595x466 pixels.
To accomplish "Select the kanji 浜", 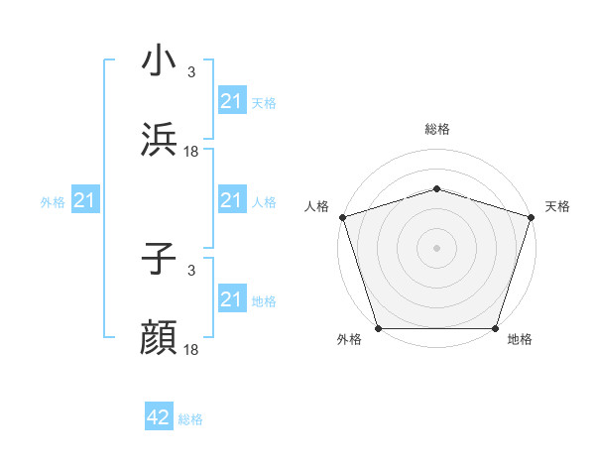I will [x=161, y=139].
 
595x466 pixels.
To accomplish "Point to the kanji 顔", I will [x=161, y=337].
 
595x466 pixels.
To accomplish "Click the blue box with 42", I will [x=159, y=417].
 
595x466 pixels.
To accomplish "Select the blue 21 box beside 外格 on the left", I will [x=85, y=201].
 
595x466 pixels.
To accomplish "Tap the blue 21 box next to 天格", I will [x=231, y=101].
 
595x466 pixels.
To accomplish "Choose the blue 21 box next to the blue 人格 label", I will [x=231, y=201].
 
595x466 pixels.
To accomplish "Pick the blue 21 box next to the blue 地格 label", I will [x=231, y=299].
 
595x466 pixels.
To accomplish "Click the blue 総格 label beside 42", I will [x=190, y=419].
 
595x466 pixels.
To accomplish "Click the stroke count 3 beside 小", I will [x=191, y=72].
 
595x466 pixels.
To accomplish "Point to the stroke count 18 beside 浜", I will [x=191, y=151].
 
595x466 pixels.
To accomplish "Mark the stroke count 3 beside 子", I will [x=191, y=270].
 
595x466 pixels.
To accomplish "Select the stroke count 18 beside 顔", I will [x=191, y=349].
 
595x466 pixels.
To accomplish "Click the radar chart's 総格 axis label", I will [x=437, y=129].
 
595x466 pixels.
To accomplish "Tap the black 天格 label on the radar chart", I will [x=557, y=206].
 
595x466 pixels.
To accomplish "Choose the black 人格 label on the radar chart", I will [x=317, y=206].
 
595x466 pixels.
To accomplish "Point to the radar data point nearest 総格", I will [x=437, y=188].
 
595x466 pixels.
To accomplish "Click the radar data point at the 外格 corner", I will [x=378, y=328].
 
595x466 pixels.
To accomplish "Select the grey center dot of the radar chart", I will [x=437, y=247].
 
